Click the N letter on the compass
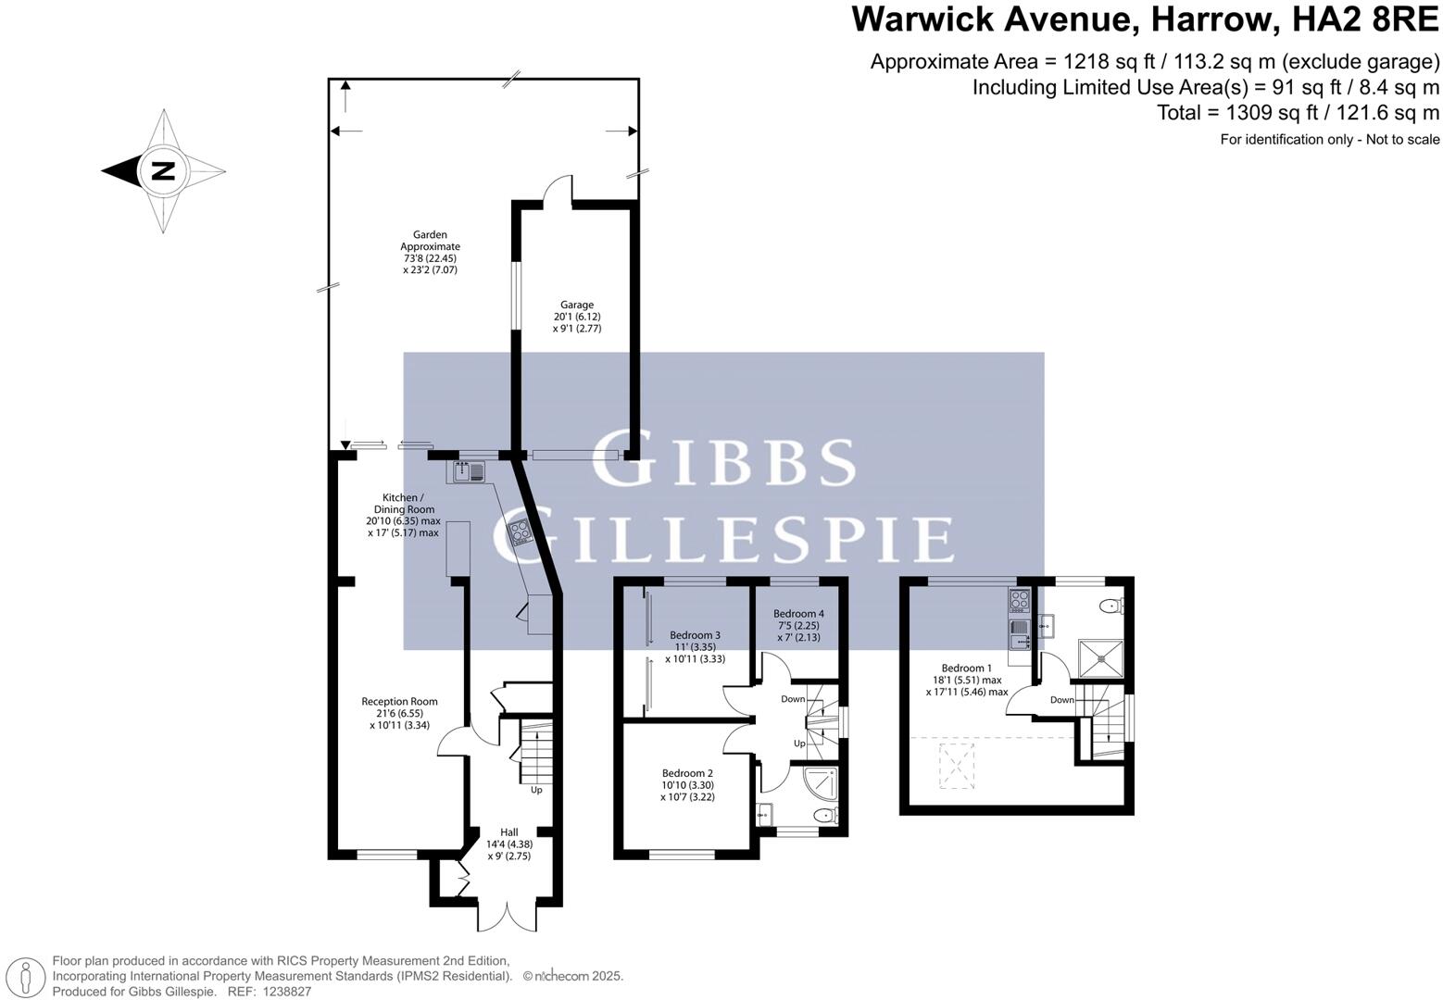coord(163,171)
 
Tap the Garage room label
coord(577,305)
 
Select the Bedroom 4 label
coord(798,613)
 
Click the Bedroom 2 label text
coord(687,773)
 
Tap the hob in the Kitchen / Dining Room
coord(520,532)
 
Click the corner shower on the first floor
coord(822,784)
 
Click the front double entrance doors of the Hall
coord(508,917)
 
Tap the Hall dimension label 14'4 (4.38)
coord(509,844)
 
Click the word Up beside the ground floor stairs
coord(536,790)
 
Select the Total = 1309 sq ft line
coord(1298,113)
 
